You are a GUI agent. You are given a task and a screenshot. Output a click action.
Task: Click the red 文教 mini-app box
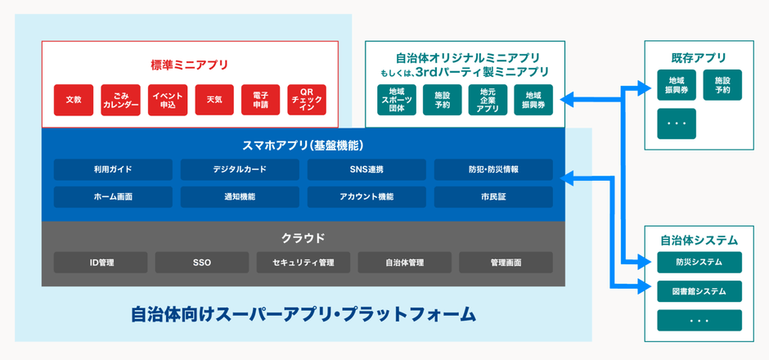[74, 100]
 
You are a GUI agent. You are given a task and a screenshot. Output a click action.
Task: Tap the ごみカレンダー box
[121, 100]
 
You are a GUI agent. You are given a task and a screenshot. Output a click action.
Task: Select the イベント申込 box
[168, 100]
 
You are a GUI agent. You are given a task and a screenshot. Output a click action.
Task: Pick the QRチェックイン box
[307, 100]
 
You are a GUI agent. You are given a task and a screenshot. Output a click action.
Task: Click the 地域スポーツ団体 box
[397, 100]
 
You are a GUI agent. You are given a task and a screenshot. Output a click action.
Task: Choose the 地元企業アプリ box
[488, 100]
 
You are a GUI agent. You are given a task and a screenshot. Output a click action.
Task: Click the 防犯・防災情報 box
[493, 169]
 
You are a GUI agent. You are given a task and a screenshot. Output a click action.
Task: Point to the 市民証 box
[493, 197]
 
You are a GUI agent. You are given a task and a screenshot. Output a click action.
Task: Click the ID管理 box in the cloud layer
[101, 263]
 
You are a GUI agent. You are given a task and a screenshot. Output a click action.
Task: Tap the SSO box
[202, 263]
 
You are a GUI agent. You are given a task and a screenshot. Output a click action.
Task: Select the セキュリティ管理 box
[304, 263]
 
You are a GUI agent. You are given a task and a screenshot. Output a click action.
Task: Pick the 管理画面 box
[506, 263]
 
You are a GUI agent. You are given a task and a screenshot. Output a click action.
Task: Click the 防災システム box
[699, 263]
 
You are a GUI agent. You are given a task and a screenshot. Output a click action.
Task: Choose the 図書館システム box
[699, 291]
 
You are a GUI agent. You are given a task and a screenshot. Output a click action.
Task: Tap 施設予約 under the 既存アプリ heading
[722, 85]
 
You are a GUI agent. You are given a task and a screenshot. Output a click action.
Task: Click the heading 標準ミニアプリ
[190, 65]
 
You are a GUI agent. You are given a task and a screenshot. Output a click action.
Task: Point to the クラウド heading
[303, 238]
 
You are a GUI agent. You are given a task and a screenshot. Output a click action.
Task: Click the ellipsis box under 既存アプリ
[677, 124]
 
